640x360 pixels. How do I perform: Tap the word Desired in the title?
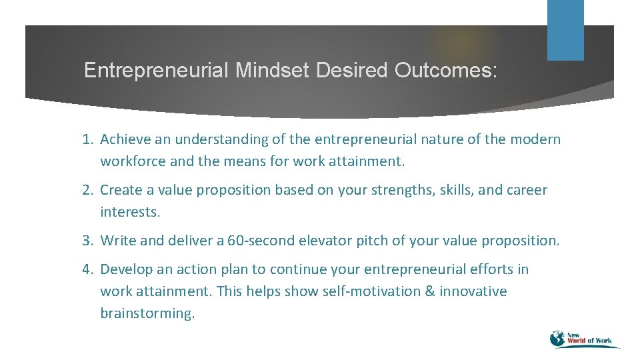[x=351, y=71]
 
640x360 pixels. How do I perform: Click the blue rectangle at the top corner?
[x=565, y=30]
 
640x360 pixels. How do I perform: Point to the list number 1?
[x=87, y=139]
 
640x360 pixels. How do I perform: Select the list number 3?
[x=87, y=241]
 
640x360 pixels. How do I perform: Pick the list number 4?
[x=87, y=269]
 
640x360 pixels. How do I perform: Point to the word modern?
[x=535, y=139]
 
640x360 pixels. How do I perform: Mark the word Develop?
[x=126, y=269]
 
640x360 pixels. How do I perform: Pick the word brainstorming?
[x=147, y=313]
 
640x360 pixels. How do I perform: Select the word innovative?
[x=473, y=291]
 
